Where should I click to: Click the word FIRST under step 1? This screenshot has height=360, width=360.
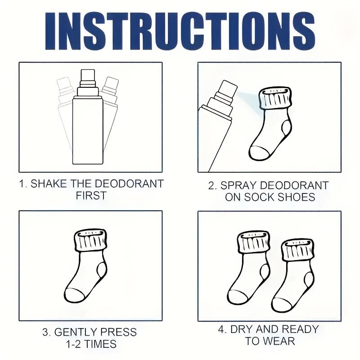tap(91, 196)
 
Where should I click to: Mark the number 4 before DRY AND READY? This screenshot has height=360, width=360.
tap(221, 330)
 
